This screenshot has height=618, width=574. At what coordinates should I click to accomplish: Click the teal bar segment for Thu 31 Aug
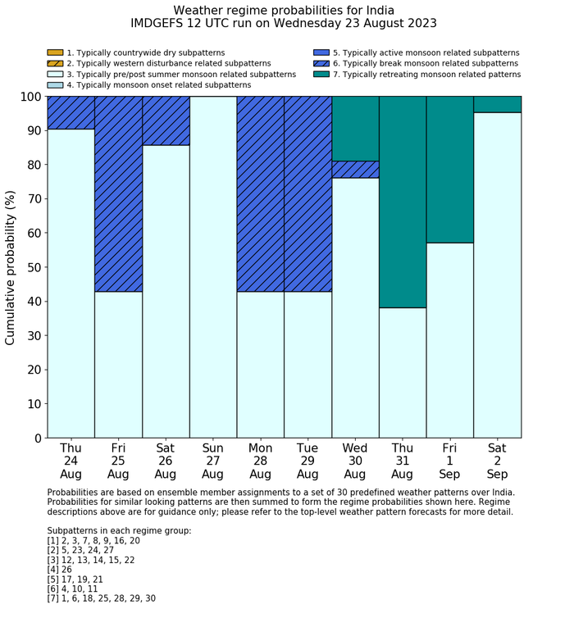[403, 202]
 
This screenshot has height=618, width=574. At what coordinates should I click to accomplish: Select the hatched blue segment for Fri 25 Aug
[118, 193]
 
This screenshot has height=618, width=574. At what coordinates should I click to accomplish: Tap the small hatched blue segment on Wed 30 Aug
[355, 169]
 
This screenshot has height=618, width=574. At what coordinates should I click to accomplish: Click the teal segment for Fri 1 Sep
[450, 169]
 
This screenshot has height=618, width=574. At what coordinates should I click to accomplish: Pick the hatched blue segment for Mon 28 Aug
[261, 193]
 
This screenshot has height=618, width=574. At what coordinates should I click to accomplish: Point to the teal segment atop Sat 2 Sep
[498, 104]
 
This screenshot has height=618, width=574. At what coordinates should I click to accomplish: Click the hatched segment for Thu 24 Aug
[71, 112]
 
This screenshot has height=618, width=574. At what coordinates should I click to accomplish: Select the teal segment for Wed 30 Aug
[355, 128]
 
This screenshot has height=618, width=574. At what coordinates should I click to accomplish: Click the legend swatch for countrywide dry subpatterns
[55, 53]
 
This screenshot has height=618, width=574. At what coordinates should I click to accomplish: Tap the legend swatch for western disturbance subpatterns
[55, 64]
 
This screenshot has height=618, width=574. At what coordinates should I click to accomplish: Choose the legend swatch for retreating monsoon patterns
[321, 75]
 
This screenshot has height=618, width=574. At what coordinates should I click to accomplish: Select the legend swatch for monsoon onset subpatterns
[55, 85]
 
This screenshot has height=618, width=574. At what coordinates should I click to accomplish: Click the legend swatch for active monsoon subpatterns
[321, 53]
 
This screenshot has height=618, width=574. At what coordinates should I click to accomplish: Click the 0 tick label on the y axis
[36, 439]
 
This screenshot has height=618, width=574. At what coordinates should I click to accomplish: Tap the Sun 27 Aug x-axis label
[213, 461]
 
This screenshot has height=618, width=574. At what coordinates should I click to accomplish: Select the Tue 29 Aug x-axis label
[307, 461]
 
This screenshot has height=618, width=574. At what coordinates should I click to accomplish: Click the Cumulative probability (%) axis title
[11, 267]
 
